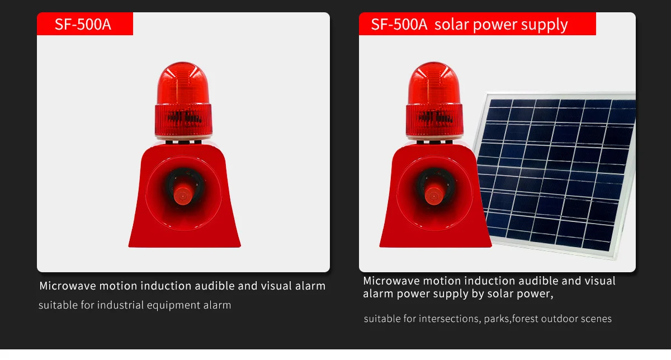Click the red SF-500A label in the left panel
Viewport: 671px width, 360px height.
85,23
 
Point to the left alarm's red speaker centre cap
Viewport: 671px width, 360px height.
183,196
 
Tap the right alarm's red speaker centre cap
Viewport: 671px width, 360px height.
434,196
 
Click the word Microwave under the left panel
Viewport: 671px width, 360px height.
68,286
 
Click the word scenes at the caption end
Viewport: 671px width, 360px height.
596,319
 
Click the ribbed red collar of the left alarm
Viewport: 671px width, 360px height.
183,120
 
